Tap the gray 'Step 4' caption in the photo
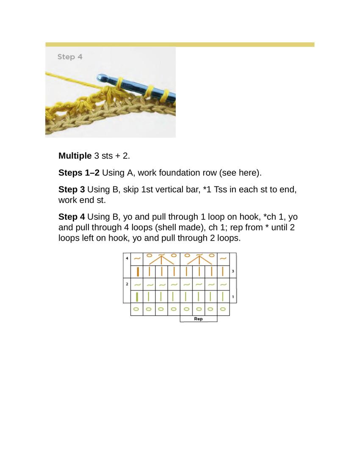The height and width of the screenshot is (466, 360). [x=70, y=57]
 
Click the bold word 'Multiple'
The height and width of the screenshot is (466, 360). [x=75, y=155]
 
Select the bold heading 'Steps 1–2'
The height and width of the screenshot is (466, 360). [x=79, y=172]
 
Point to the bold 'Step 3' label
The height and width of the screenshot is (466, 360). [x=72, y=189]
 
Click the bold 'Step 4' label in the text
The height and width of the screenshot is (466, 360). [x=72, y=217]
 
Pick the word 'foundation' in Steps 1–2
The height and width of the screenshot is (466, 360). [x=176, y=172]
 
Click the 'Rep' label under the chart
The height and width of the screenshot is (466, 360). [x=198, y=319]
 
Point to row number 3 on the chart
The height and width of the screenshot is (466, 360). [x=233, y=271]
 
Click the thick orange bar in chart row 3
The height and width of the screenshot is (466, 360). [x=138, y=271]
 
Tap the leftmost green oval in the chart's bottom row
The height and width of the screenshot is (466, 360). [x=136, y=309]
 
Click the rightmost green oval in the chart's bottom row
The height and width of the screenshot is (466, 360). [x=223, y=309]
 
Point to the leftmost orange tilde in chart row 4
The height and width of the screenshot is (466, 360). [x=137, y=258]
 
